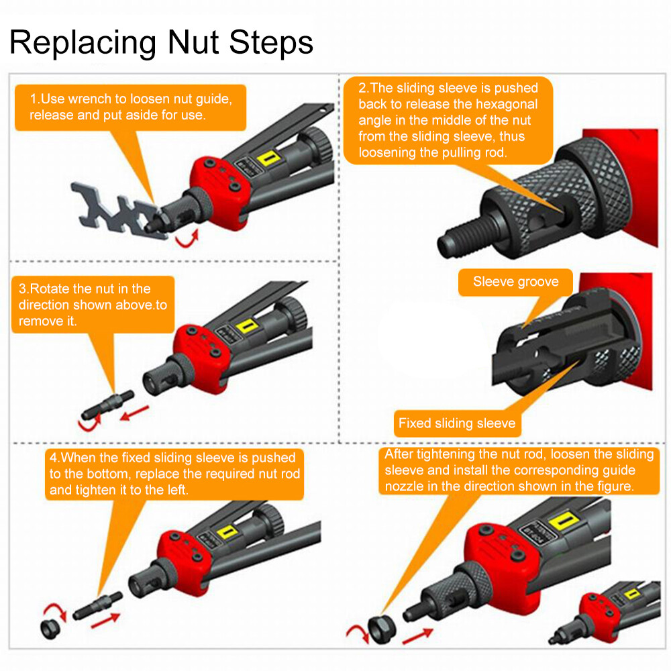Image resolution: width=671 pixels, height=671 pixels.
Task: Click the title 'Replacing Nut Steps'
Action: pos(161,42)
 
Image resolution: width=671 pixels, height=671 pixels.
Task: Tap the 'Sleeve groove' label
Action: pos(515,282)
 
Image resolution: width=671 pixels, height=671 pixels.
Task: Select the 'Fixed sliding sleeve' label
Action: pos(456,423)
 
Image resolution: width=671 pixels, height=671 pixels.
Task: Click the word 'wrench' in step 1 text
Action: pos(87,99)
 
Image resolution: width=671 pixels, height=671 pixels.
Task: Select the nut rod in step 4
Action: pos(97,606)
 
